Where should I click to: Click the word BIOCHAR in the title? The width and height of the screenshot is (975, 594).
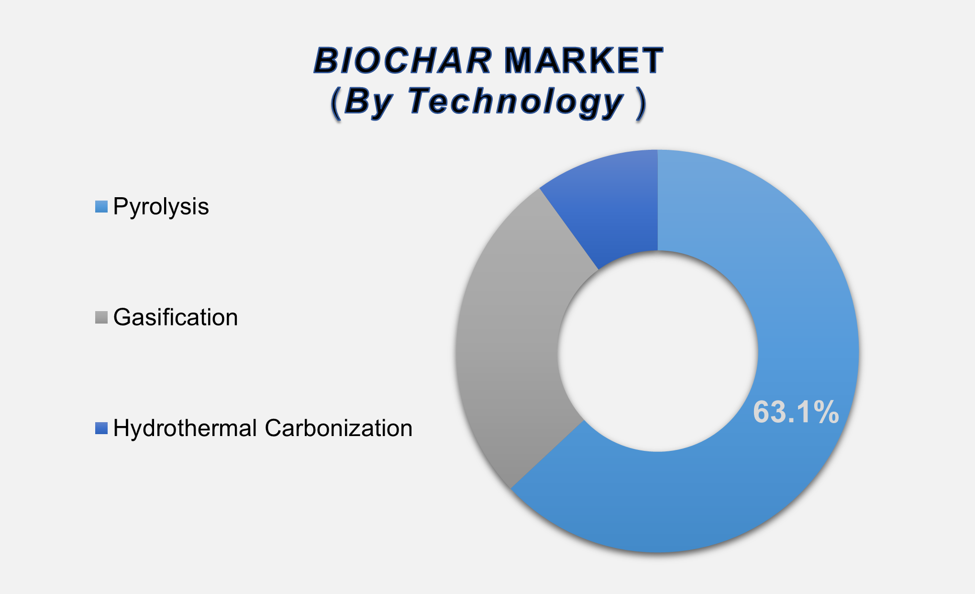tap(402, 61)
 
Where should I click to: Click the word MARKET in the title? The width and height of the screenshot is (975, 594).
tap(584, 61)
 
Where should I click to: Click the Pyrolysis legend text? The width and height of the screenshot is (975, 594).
tap(161, 207)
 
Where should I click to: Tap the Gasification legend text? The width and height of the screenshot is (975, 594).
tap(175, 317)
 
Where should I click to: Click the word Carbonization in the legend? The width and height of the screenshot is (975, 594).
tap(338, 428)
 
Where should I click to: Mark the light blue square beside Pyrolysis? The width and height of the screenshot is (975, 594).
tap(101, 207)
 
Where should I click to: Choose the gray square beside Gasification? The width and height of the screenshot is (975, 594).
tap(101, 317)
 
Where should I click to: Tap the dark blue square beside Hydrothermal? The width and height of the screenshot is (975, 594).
tap(101, 428)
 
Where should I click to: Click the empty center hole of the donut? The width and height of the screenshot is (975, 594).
tap(658, 351)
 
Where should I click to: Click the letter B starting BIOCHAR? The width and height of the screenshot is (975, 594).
tap(326, 61)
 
